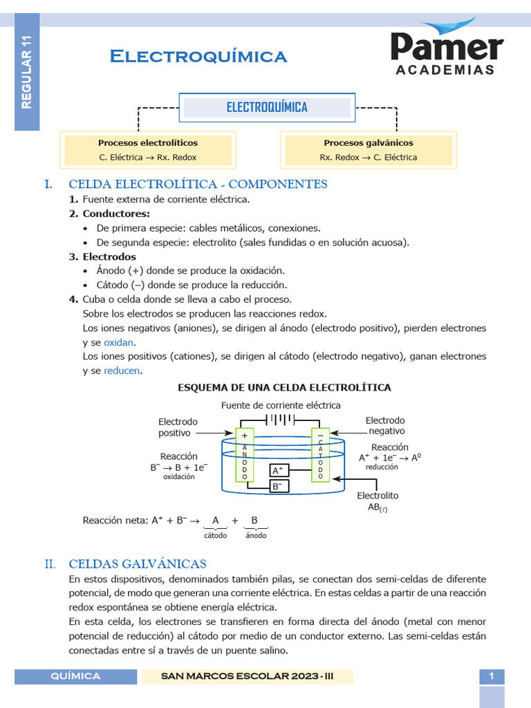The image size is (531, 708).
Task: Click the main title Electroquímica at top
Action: click(x=198, y=57)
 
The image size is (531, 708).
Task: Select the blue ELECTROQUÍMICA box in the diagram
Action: click(x=267, y=107)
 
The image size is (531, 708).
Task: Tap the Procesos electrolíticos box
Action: click(x=147, y=150)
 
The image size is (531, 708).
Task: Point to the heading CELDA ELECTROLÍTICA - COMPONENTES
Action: click(x=198, y=184)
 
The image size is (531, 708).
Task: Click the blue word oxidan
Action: click(x=120, y=342)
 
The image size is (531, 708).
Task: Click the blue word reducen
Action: click(x=122, y=371)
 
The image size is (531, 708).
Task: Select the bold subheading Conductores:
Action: click(x=115, y=214)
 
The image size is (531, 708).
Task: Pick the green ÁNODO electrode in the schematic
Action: click(x=245, y=454)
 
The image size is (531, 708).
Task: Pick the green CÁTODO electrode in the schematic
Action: click(x=320, y=454)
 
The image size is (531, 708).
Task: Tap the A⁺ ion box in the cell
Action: click(x=279, y=470)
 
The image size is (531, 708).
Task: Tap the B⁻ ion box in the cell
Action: click(x=279, y=486)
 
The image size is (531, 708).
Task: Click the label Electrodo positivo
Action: click(x=178, y=427)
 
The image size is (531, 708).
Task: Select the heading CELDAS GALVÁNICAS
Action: click(x=138, y=563)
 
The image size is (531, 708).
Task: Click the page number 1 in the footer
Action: click(x=492, y=676)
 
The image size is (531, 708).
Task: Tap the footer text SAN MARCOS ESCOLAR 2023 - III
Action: click(x=248, y=676)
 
